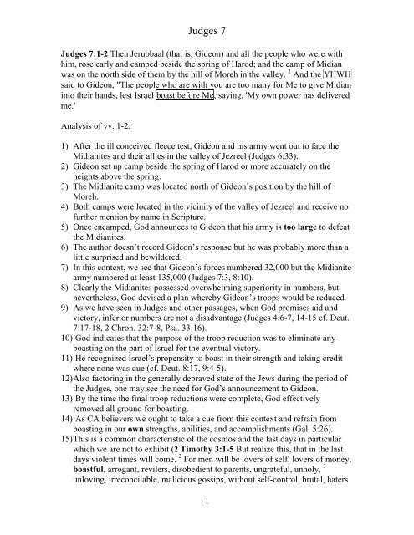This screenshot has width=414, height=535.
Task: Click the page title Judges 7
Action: tap(207, 13)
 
